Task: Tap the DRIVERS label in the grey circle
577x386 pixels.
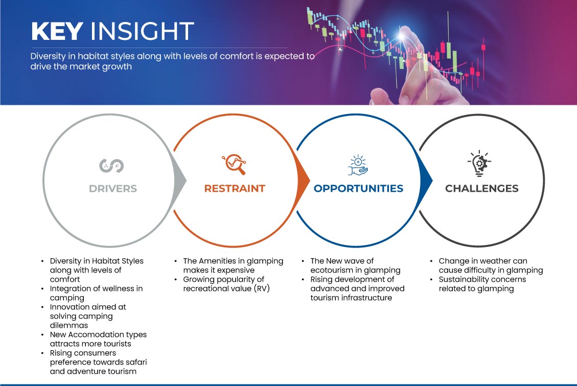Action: pos(113,189)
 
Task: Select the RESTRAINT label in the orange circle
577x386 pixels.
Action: pos(235,189)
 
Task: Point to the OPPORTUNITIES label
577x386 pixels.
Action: pos(358,189)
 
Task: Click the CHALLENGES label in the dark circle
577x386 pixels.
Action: pos(482,189)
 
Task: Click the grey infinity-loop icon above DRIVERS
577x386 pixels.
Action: pos(111,166)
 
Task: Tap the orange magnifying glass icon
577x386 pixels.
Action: pos(234,164)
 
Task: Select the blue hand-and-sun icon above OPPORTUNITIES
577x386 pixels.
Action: pos(358,165)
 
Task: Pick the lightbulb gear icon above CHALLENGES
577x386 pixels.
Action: pos(479,163)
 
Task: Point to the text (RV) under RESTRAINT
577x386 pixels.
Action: pos(262,288)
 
